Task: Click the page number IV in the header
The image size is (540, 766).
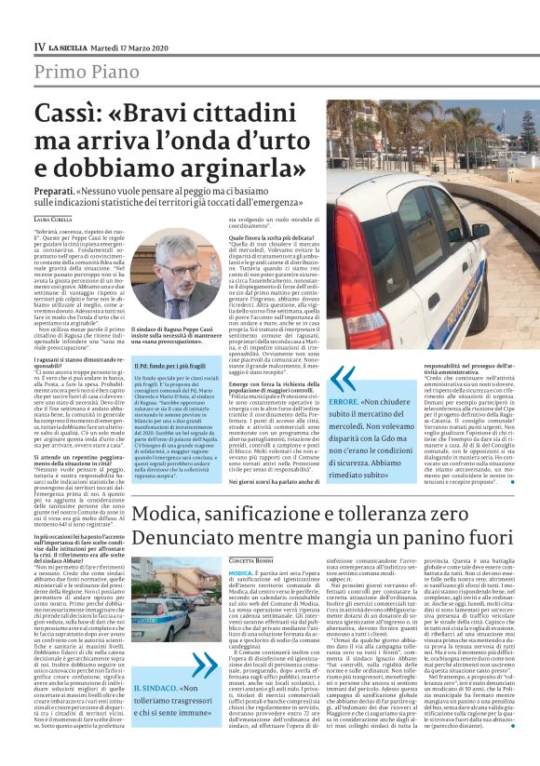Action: (39, 46)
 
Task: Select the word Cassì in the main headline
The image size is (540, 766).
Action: (68, 116)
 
